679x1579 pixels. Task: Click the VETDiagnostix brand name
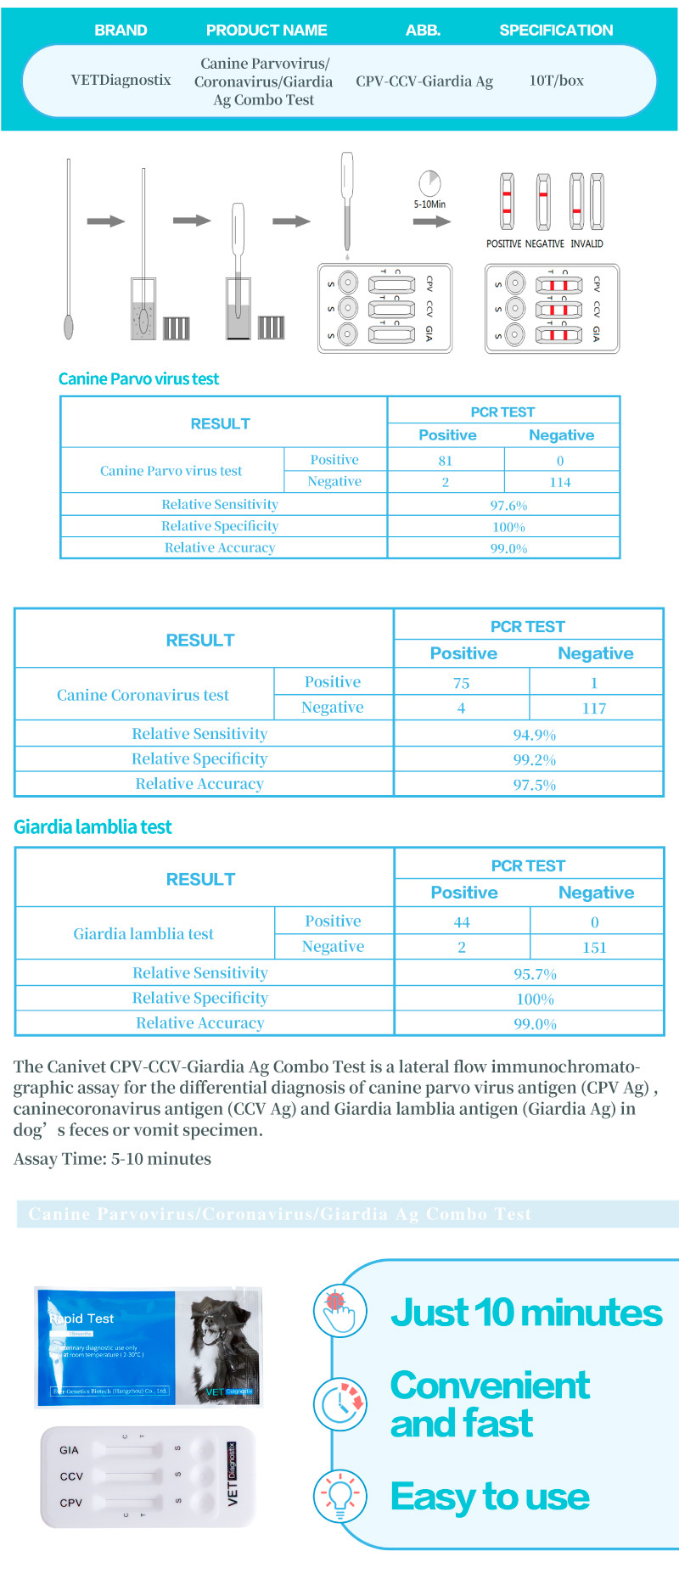tap(121, 81)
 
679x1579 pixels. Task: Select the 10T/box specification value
tap(556, 81)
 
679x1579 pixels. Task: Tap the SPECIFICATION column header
tap(556, 31)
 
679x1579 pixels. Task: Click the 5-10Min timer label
tap(429, 204)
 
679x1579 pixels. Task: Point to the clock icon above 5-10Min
tap(430, 182)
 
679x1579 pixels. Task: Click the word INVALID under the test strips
tap(586, 244)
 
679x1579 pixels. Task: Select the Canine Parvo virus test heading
tap(138, 379)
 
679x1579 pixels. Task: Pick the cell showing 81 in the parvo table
tap(446, 461)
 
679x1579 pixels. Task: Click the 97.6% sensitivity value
tap(508, 505)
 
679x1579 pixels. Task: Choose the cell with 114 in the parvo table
tap(560, 482)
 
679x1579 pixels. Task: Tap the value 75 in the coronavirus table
tap(461, 683)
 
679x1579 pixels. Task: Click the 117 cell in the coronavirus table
tap(594, 708)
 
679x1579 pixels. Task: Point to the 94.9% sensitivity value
tap(534, 735)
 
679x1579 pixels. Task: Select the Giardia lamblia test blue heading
tap(93, 827)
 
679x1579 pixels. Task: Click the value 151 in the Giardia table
tap(594, 948)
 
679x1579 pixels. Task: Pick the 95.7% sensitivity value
tap(535, 974)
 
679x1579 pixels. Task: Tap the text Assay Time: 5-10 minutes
tap(112, 1159)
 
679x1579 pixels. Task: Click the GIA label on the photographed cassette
tap(69, 1450)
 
